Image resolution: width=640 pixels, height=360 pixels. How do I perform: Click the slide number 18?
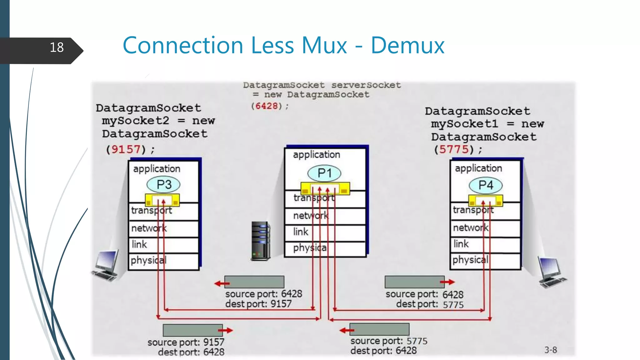[x=57, y=47]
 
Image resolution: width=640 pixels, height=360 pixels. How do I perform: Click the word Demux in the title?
[x=407, y=46]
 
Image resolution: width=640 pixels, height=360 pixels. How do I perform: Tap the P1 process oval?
[x=324, y=173]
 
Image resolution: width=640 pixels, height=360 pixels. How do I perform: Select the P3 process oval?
[x=163, y=184]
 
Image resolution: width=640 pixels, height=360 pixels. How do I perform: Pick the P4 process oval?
[x=485, y=185]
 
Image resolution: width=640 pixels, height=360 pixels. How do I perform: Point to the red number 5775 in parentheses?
[x=454, y=149]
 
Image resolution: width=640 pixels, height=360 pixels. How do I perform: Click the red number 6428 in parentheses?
[x=266, y=106]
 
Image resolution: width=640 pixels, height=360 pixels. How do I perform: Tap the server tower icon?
[x=260, y=241]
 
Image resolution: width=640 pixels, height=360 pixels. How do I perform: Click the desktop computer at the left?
[x=106, y=266]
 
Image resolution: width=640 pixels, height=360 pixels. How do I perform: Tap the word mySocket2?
[x=135, y=121]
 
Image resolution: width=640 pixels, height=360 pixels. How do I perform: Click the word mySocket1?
[x=464, y=124]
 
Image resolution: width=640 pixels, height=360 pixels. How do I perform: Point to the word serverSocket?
[x=366, y=85]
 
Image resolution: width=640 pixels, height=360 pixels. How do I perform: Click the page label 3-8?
[x=550, y=350]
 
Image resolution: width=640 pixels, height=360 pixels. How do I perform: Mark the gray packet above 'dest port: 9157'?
[x=254, y=282]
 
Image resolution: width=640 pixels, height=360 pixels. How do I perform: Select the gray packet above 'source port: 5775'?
[x=379, y=329]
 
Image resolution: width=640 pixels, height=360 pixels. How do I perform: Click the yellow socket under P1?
[x=325, y=188]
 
